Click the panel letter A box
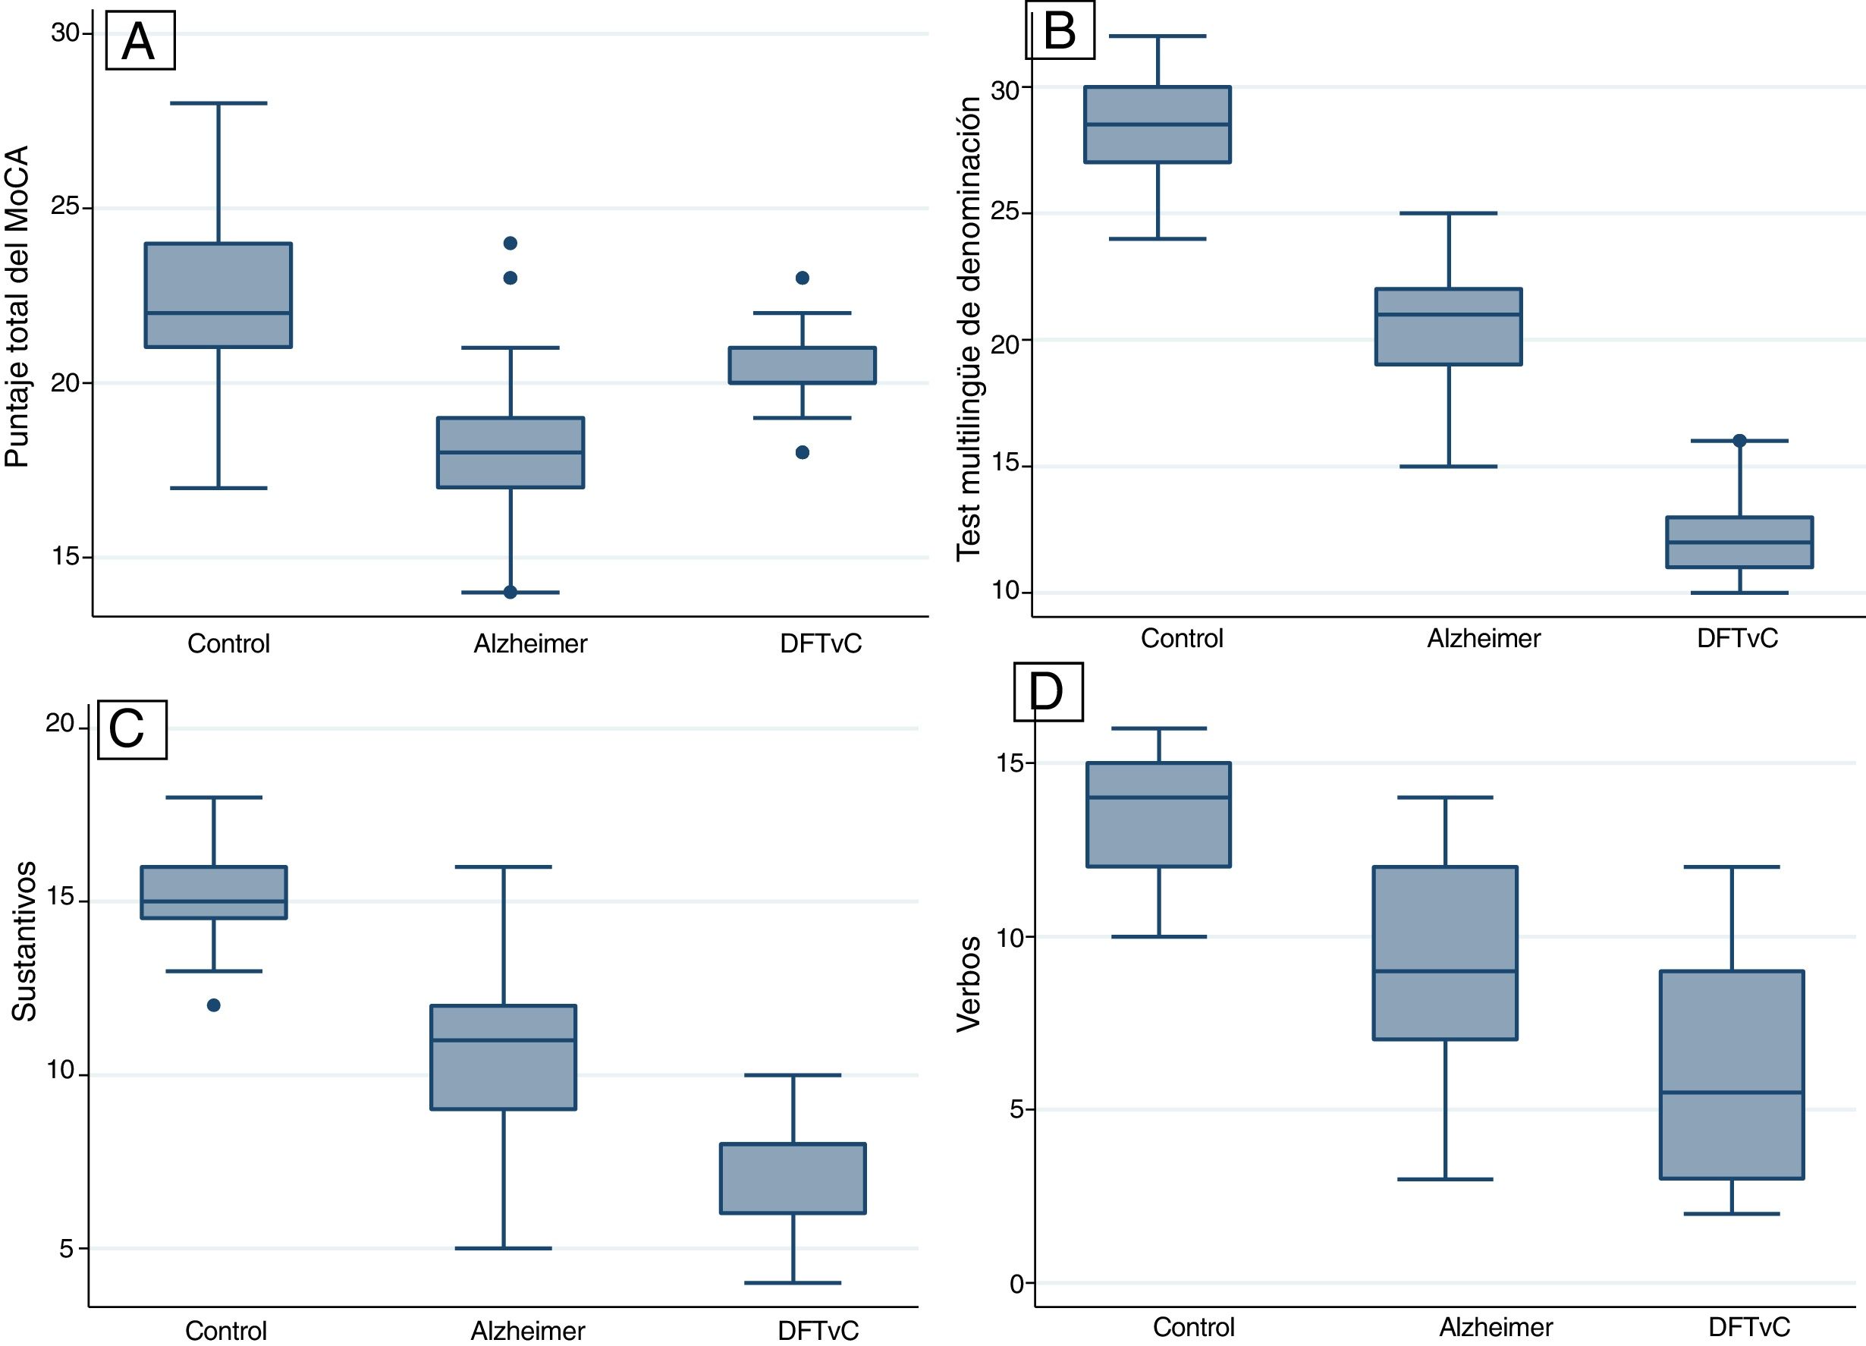click(140, 41)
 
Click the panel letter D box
click(1048, 691)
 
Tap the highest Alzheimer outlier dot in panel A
click(510, 244)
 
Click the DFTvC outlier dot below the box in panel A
click(803, 452)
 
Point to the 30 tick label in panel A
click(65, 33)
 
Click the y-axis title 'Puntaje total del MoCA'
click(17, 306)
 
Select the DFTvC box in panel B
click(1739, 542)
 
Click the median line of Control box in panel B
click(1158, 124)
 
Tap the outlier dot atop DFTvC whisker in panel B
click(1739, 441)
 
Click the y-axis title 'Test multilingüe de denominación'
click(969, 329)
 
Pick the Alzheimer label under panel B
click(1484, 638)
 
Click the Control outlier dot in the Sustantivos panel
click(214, 1005)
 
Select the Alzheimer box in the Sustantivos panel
click(504, 1057)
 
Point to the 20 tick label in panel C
click(60, 723)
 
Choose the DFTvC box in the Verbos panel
click(1732, 1074)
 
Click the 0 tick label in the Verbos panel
click(1017, 1284)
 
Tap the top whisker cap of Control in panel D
click(1158, 728)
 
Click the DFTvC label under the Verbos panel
click(1748, 1327)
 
